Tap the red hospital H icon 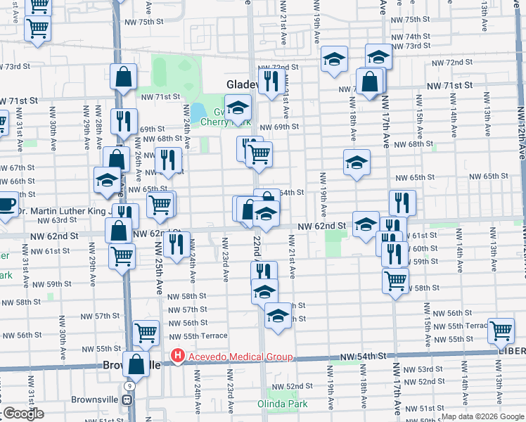[x=178, y=357]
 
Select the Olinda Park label [x=282, y=403]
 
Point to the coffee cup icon [x=6, y=205]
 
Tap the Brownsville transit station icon [x=127, y=399]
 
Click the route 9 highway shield [x=129, y=386]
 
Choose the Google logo [x=23, y=414]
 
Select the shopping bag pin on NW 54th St [x=136, y=364]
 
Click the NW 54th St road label [x=364, y=358]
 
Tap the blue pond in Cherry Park [x=198, y=112]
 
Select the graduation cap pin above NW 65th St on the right [x=357, y=162]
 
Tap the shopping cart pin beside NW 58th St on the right [x=395, y=281]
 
